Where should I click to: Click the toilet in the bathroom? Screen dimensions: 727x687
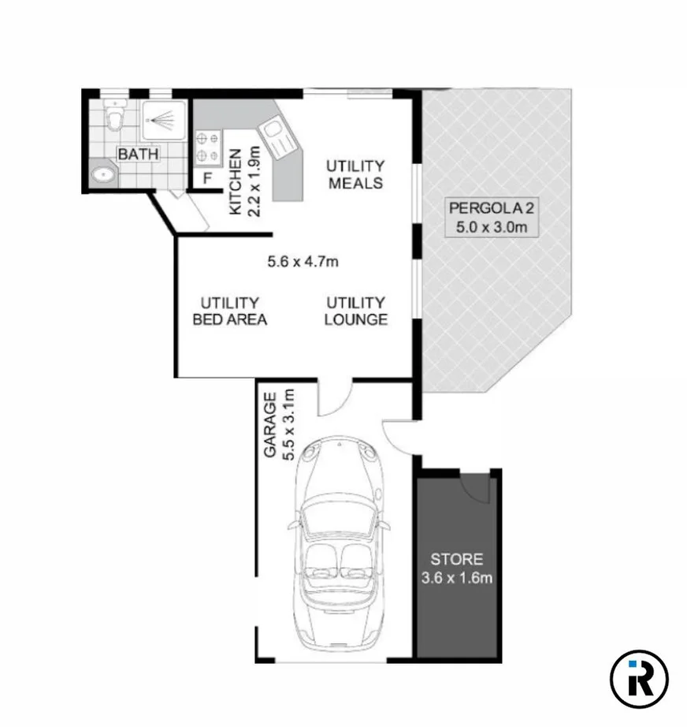coord(116,116)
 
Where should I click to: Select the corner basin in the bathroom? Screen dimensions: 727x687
coord(102,174)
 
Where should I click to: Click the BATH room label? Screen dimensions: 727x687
coord(138,154)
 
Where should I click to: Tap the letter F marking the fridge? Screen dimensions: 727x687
coord(207,177)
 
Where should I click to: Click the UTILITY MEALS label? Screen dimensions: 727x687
coord(355,174)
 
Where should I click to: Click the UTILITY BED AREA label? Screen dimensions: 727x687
coord(230,311)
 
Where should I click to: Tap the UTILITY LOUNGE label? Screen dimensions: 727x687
coord(356,311)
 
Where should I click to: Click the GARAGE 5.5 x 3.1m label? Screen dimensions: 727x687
coord(279,424)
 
